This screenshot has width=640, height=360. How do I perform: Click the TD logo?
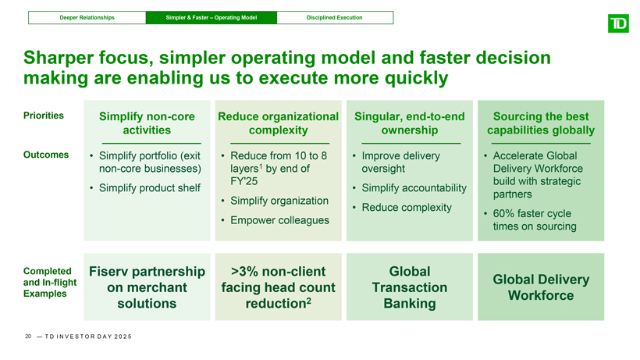pos(618,23)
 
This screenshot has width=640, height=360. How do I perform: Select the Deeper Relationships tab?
pos(87,17)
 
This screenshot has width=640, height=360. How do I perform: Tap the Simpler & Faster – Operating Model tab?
pos(212,17)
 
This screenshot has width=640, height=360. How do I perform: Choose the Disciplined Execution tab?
pos(335,17)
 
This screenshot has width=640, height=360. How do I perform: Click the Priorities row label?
pos(44,116)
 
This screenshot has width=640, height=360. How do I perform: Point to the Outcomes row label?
pos(46,155)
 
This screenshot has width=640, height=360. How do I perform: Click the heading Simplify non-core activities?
pos(147,123)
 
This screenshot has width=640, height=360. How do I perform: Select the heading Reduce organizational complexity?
pos(279,123)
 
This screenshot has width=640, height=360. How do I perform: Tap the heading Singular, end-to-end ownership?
pos(410,123)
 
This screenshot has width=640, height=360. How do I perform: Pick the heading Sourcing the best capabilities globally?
pos(541,123)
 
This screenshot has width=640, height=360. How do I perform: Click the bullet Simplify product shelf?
pos(150,187)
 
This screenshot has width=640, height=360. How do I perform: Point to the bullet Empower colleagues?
pos(279,220)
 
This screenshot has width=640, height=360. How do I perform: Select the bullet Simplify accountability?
pos(414,187)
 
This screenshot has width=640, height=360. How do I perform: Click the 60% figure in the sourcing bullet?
pos(503,213)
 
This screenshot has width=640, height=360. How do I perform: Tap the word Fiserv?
pos(108,272)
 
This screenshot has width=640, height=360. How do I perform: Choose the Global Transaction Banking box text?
pos(410,287)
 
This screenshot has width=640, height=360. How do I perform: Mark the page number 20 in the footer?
pos(28,337)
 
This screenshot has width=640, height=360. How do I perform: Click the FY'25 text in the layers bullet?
pos(244,181)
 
